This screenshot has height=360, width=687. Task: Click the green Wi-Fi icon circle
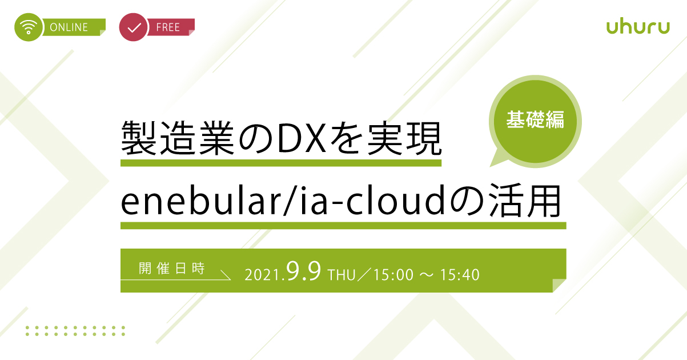click(29, 27)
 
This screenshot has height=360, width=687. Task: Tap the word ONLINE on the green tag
click(69, 27)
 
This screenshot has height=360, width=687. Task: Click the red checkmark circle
click(134, 27)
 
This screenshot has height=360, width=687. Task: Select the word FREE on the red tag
click(168, 27)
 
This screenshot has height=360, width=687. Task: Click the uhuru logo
click(638, 27)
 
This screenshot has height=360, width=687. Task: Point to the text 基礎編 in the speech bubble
click(535, 119)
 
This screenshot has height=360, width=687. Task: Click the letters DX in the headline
click(302, 138)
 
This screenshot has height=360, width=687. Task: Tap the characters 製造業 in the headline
click(178, 138)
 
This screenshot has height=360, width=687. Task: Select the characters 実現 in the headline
click(404, 138)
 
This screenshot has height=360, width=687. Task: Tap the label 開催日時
click(172, 268)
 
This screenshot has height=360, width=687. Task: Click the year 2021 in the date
click(262, 275)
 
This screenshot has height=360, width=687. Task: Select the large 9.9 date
click(304, 271)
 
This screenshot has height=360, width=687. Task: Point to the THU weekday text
click(342, 275)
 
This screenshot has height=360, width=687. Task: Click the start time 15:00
click(393, 275)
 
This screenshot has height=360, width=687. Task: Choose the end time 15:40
click(460, 275)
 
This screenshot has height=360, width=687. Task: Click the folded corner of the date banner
click(559, 285)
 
